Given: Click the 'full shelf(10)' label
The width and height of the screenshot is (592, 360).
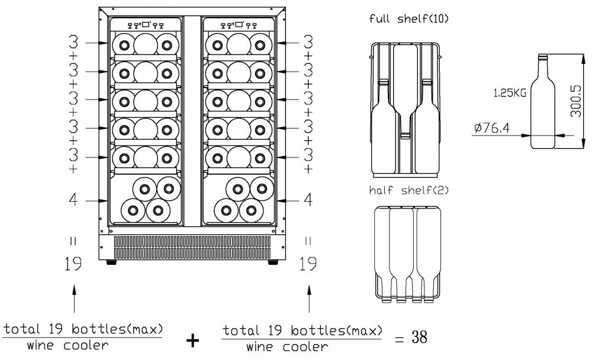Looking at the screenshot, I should pos(409,19).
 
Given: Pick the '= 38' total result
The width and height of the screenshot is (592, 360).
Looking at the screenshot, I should pos(410,337).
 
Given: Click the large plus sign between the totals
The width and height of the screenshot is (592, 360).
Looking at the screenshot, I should pos(192,340).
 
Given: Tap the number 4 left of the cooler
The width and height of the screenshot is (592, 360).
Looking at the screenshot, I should pos(73,200).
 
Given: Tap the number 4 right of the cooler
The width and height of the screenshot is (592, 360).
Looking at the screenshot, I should pos(307,200).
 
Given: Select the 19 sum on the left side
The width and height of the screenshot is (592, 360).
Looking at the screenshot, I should pos(73,265).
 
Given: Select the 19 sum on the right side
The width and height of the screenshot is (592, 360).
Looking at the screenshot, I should pos(307,265).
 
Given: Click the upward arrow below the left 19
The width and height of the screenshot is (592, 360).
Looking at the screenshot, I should pos(73,299).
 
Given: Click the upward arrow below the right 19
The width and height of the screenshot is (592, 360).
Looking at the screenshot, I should pos(307,299).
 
